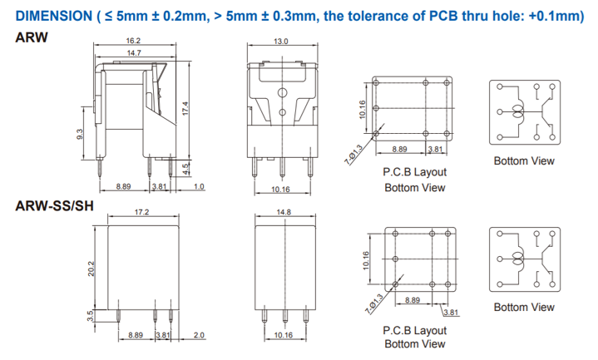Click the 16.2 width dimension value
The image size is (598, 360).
pos(133,41)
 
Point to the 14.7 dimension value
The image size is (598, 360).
pos(134,52)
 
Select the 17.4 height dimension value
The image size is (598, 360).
pos(185,108)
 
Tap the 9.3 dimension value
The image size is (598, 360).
pos(79,134)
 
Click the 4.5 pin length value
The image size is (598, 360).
pos(185,168)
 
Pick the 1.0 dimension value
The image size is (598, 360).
pos(199,186)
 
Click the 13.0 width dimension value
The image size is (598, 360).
pos(280,42)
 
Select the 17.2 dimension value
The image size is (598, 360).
pos(141,212)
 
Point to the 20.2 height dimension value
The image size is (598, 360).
pos(91,269)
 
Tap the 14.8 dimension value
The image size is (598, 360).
pos(284,212)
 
